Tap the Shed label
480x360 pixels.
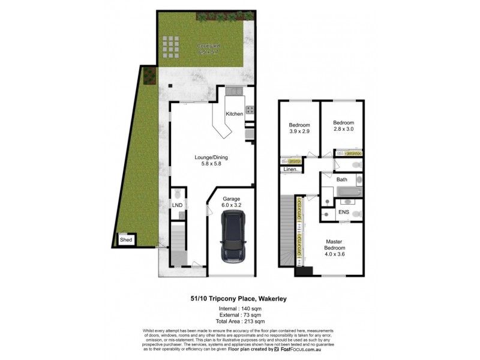126,240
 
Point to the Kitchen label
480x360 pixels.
234,113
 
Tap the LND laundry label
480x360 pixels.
177,206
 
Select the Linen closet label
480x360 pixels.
290,170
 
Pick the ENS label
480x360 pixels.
344,212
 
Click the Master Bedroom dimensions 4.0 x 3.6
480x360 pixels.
334,254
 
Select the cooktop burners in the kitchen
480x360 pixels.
249,110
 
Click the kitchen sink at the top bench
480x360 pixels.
233,91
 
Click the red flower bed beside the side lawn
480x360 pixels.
146,75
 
